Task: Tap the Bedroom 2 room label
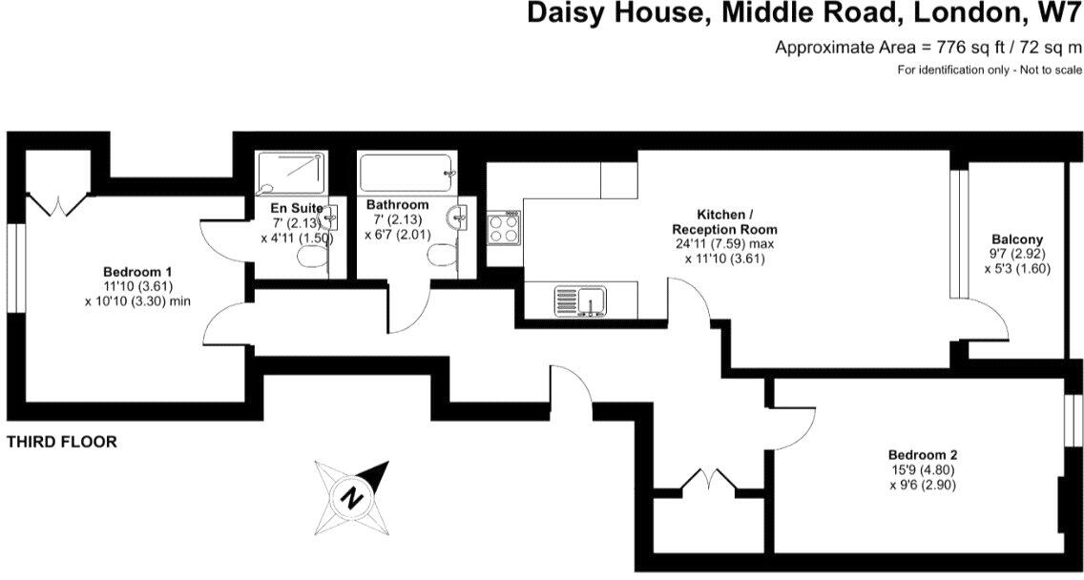point(921,454)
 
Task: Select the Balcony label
point(1017,239)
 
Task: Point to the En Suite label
point(296,208)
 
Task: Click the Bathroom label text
point(397,205)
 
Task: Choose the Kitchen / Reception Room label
point(724,222)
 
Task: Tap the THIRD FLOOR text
point(61,443)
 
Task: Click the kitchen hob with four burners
point(504,228)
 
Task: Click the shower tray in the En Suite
point(291,173)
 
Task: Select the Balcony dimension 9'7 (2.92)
point(1016,254)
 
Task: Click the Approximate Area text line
point(928,47)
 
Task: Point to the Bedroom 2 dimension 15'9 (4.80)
point(922,469)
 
